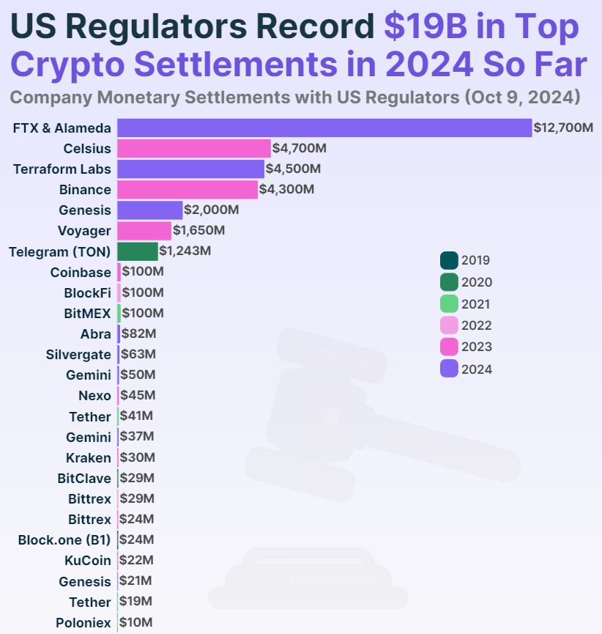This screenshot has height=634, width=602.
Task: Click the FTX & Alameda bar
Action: (324, 128)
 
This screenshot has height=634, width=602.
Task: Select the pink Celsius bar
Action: (194, 148)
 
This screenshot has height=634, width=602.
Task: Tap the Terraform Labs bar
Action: (190, 169)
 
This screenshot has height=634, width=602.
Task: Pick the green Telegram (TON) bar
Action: (138, 251)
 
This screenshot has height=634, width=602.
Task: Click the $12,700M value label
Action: (563, 128)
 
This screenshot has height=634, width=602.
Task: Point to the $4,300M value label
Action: (287, 189)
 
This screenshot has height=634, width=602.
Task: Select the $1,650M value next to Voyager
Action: (198, 231)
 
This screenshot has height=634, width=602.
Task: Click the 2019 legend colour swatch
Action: (449, 260)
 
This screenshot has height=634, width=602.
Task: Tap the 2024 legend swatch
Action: (449, 369)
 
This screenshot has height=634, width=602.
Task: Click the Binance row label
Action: (85, 189)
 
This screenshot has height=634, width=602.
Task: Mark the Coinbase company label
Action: (81, 272)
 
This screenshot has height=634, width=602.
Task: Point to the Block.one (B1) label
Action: (64, 540)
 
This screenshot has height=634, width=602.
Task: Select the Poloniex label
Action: (83, 623)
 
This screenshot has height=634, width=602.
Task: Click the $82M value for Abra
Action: (138, 333)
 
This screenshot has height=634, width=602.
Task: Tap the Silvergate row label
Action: (78, 354)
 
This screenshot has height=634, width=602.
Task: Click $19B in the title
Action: (426, 27)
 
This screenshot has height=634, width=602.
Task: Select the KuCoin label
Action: (87, 561)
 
